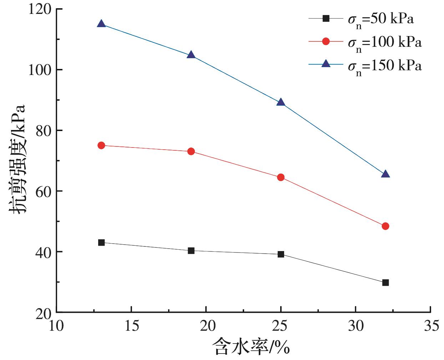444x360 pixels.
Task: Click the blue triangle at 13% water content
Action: (x=101, y=24)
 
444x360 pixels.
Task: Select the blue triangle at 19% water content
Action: (x=191, y=55)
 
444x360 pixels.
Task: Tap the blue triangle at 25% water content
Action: (x=281, y=102)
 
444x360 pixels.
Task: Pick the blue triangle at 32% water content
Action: (x=385, y=174)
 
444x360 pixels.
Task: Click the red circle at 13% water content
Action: (x=101, y=145)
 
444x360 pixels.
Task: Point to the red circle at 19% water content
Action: (x=191, y=151)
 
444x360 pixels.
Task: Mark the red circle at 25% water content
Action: (x=281, y=177)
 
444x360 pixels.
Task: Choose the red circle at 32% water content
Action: (x=385, y=226)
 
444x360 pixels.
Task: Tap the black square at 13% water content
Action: (x=101, y=242)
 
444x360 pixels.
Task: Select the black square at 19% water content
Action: (x=191, y=251)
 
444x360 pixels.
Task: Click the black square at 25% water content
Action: (x=281, y=254)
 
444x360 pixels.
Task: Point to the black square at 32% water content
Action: (x=385, y=282)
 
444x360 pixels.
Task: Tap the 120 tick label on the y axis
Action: (x=40, y=9)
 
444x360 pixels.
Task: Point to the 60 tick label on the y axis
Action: (x=44, y=191)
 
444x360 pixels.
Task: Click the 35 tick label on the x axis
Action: (x=430, y=326)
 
